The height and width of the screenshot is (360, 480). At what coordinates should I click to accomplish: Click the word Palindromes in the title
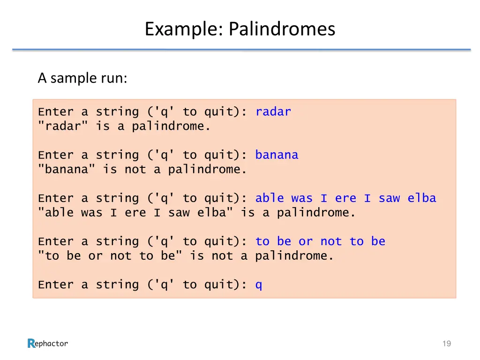coord(282,29)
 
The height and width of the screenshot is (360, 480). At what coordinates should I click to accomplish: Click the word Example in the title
coord(184,29)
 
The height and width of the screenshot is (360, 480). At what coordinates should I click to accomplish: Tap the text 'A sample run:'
coord(82,78)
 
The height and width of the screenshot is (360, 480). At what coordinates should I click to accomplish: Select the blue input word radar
coord(273,112)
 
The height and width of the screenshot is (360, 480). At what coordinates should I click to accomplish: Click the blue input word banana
coord(277,155)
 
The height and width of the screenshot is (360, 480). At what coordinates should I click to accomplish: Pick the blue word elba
coord(421,198)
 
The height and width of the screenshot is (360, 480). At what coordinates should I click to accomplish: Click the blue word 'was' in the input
coord(302,198)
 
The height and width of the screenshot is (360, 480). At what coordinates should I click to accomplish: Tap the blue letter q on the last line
coord(259,285)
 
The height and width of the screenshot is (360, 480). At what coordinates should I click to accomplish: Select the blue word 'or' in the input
coord(306,241)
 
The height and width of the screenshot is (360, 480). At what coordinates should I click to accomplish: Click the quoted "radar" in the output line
coord(63,126)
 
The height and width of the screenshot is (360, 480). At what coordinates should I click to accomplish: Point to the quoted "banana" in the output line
coord(66,169)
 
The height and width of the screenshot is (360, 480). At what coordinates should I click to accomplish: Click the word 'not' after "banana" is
coord(135,169)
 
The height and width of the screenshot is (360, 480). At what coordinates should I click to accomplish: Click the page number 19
coord(446,344)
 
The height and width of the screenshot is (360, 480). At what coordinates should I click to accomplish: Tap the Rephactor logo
coord(48,344)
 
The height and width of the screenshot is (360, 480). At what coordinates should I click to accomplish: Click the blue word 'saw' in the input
coord(389,198)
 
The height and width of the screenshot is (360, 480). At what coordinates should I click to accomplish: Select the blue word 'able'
coord(270,198)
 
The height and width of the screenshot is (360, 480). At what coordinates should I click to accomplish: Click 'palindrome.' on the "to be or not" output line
coord(294,255)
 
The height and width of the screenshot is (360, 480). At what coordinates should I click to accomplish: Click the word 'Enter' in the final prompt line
coord(56,285)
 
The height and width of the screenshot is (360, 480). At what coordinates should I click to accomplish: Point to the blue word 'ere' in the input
coord(345,198)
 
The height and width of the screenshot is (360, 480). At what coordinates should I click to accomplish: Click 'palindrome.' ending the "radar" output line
coord(171,126)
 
